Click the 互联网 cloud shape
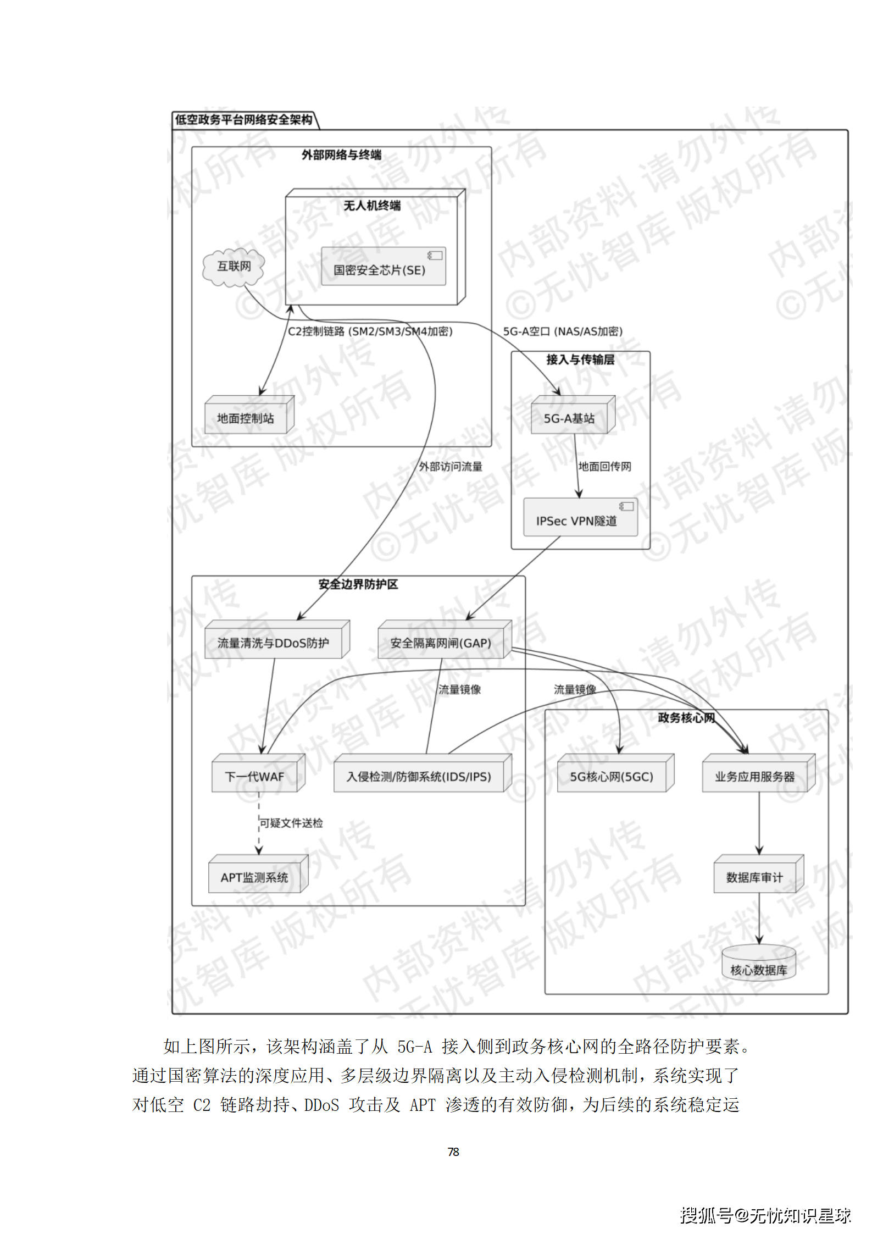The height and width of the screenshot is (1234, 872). pos(234,267)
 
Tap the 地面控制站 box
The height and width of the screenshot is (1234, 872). pos(248,417)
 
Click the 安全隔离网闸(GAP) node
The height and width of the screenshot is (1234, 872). pos(443,641)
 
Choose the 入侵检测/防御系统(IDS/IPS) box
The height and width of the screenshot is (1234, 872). pos(421,774)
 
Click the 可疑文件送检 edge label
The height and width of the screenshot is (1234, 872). pos(291,823)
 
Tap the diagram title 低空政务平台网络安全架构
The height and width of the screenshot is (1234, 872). pos(244,120)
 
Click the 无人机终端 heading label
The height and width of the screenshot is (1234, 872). pos(372,206)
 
